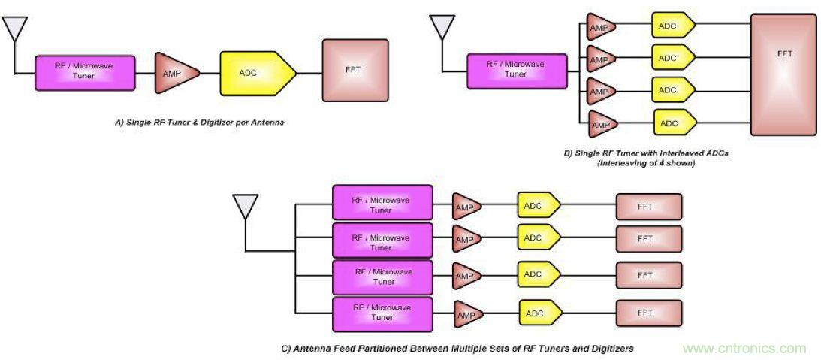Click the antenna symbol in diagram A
pos(15,29)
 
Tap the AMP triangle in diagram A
pos(175,73)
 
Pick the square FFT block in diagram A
pos(355,71)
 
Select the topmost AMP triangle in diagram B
pos(599,26)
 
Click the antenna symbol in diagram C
pos(246,207)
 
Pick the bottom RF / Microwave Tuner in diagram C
pos(382,314)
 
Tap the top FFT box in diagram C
pos(648,206)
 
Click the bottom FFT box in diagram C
pos(648,312)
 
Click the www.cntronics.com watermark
pos(744,348)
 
